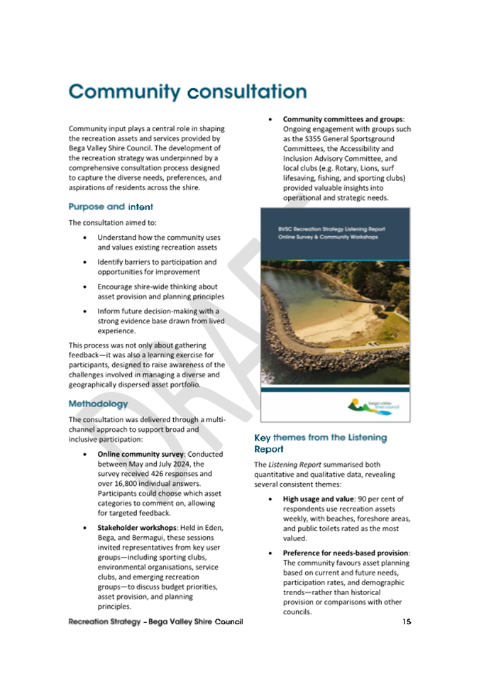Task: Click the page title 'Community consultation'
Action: (x=187, y=92)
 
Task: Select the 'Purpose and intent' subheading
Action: (x=111, y=206)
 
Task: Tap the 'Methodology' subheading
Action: (x=99, y=404)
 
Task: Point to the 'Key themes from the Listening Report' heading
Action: (x=320, y=443)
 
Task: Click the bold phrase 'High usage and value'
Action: (x=321, y=499)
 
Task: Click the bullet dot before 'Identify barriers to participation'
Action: (x=86, y=262)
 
